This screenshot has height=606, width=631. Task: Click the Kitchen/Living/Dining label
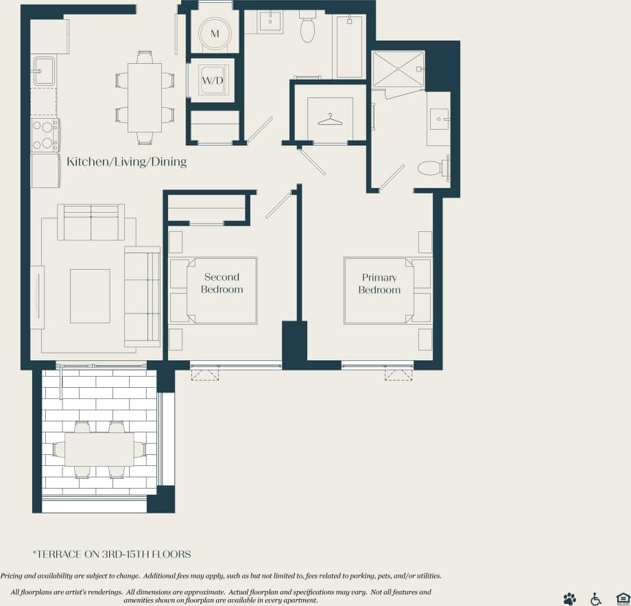[x=126, y=162]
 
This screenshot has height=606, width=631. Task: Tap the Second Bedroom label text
[x=222, y=283]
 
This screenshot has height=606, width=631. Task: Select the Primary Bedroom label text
[x=379, y=283]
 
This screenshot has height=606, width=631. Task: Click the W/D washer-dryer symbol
[x=212, y=81]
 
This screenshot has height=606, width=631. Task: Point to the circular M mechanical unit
[x=215, y=33]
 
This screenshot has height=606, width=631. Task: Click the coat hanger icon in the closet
[x=330, y=119]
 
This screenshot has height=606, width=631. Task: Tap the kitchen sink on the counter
[x=44, y=71]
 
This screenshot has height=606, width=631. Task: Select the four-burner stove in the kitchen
[x=45, y=135]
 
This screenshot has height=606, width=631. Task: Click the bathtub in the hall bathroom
[x=348, y=47]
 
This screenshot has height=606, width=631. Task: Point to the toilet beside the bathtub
[x=307, y=28]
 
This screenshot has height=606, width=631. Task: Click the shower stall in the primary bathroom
[x=398, y=69]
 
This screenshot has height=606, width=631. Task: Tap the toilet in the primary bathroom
[x=432, y=167]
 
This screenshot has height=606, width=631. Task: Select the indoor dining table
[x=144, y=97]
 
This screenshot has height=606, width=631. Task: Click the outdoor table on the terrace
[x=99, y=450]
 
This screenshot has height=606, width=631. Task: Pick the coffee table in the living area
[x=90, y=296]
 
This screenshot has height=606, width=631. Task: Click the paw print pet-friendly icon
[x=569, y=598]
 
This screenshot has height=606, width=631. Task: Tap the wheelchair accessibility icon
[x=595, y=598]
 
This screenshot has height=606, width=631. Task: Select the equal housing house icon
[x=622, y=598]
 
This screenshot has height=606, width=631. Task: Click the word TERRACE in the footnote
[x=63, y=554]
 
